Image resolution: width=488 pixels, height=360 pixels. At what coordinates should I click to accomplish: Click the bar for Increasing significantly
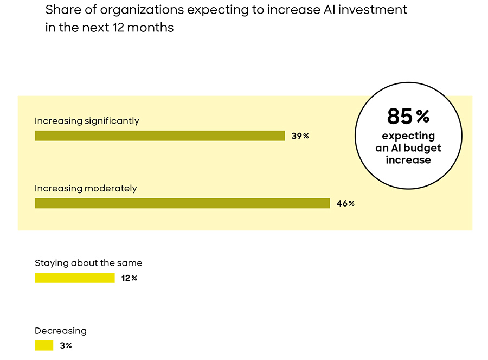pos(159,136)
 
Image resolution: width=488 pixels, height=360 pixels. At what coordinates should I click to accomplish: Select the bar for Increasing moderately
pos(182,203)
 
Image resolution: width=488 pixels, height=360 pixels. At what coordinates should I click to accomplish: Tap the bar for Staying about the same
pos(75,278)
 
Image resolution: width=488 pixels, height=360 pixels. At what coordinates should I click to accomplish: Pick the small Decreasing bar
pos(44,345)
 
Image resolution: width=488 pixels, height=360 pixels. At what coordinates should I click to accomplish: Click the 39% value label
pos(300,136)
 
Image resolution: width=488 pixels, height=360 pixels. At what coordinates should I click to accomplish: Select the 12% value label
pos(130,279)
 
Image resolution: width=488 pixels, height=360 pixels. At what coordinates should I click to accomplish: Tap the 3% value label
pos(66,346)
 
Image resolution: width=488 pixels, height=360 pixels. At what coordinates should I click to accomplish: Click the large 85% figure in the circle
pos(408,116)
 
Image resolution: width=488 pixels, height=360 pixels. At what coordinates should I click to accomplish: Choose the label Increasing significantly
pos(87,121)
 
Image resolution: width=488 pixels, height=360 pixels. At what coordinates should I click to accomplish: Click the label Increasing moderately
pos(86,189)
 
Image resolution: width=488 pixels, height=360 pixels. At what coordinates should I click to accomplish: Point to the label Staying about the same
pos(88,263)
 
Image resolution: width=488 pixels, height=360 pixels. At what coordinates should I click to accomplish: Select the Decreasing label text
pos(61,331)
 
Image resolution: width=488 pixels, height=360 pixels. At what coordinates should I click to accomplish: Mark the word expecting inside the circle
pos(408,136)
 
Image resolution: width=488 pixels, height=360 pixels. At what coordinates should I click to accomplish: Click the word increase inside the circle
pos(408,160)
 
